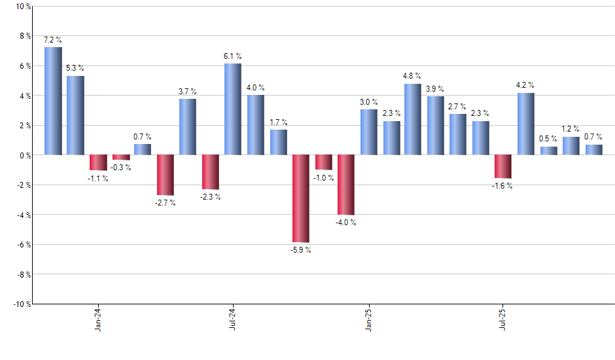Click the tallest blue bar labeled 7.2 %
pyautogui.click(x=53, y=101)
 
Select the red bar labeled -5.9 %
pyautogui.click(x=301, y=198)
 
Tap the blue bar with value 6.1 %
pyautogui.click(x=233, y=109)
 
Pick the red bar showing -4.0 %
pyautogui.click(x=346, y=185)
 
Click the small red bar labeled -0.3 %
pyautogui.click(x=121, y=157)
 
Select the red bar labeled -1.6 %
pyautogui.click(x=503, y=166)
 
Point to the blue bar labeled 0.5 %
pyautogui.click(x=548, y=151)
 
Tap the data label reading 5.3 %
pyautogui.click(x=75, y=68)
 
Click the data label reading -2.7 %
pyautogui.click(x=166, y=203)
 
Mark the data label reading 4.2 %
pyautogui.click(x=525, y=84)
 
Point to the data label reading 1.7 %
pyautogui.click(x=279, y=122)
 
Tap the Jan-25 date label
pyautogui.click(x=368, y=320)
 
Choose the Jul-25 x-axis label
pyautogui.click(x=503, y=320)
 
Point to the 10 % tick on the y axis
pyautogui.click(x=23, y=7)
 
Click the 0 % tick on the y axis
pyautogui.click(x=25, y=155)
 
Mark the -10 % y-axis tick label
pyautogui.click(x=22, y=304)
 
